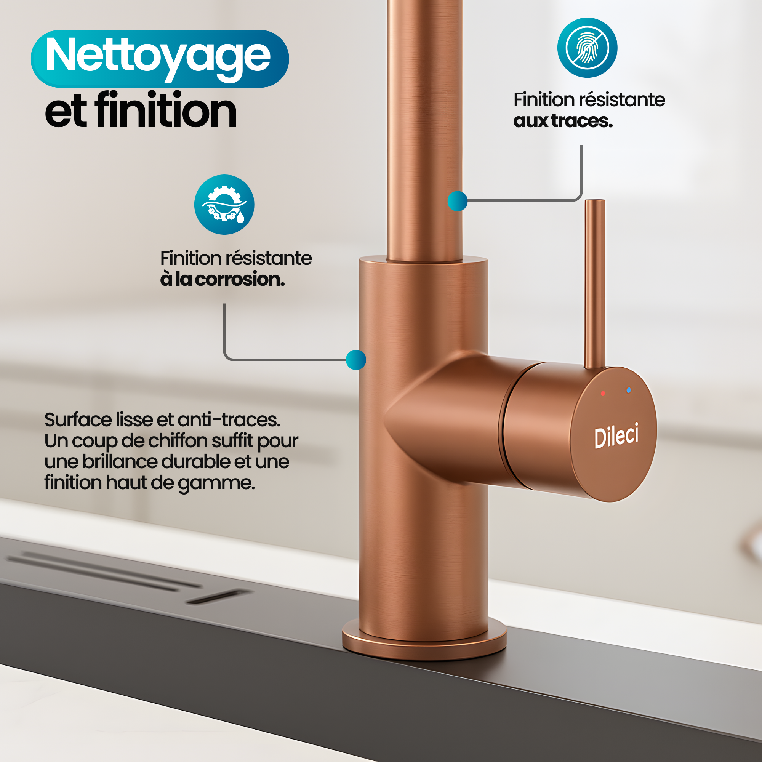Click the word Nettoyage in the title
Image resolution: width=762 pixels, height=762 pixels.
[x=158, y=57]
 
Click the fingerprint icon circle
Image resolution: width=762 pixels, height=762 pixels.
[x=587, y=48]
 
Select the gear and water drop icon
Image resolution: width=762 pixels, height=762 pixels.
[x=224, y=204]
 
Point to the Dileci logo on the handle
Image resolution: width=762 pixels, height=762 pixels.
[x=616, y=435]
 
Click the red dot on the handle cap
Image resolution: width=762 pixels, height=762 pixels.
[x=603, y=393]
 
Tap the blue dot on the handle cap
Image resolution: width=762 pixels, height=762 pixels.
[x=628, y=390]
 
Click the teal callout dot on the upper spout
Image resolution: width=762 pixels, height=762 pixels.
[x=458, y=201]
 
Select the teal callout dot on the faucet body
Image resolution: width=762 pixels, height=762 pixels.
[x=356, y=360]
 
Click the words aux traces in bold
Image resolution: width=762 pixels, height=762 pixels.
[x=563, y=121]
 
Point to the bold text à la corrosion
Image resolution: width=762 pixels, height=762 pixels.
[x=222, y=279]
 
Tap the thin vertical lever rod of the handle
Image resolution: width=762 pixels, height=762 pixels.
[x=595, y=284]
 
